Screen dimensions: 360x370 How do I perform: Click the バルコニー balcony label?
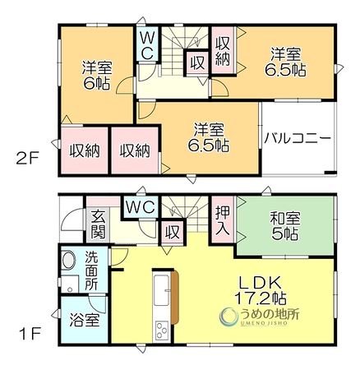click(298, 138)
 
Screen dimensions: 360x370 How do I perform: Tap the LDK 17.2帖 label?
click(261, 290)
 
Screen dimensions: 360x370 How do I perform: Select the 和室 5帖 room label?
click(285, 226)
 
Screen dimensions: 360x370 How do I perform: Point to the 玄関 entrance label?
click(98, 224)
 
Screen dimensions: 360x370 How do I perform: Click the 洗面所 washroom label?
click(91, 271)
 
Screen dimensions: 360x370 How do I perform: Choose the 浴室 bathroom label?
click(84, 320)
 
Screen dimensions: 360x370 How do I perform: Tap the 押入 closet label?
click(222, 220)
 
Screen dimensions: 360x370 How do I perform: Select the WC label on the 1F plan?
click(141, 206)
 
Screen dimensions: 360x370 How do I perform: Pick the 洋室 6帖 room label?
click(97, 76)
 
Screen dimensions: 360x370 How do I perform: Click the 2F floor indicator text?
click(28, 159)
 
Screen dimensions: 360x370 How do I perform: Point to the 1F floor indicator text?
click(30, 333)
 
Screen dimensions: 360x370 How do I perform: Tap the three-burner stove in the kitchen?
click(161, 330)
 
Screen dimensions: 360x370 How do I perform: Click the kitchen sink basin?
click(161, 290)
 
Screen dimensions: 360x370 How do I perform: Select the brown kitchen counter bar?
click(174, 297)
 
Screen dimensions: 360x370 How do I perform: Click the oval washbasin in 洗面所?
click(68, 260)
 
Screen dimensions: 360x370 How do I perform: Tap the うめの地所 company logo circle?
click(229, 317)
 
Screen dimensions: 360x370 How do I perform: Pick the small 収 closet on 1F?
click(173, 232)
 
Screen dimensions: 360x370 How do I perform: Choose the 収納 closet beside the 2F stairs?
click(223, 51)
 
